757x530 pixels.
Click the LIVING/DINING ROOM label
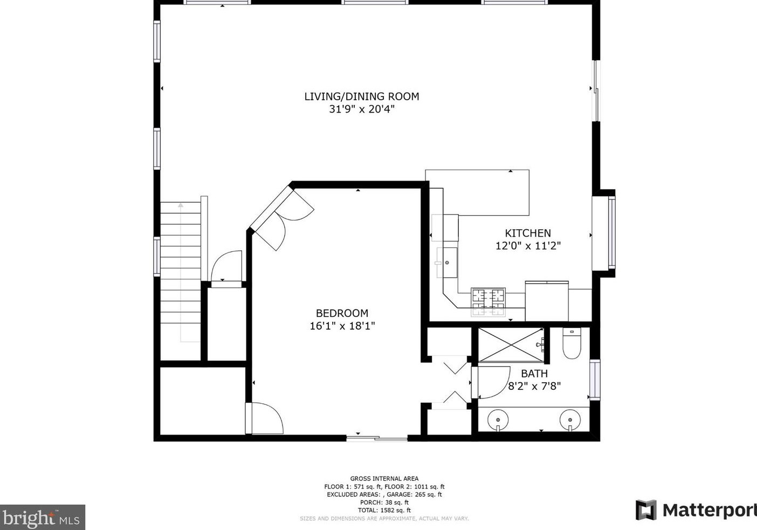[x=362, y=97]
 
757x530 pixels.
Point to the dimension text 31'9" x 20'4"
[x=362, y=109]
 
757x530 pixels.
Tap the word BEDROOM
[x=342, y=313]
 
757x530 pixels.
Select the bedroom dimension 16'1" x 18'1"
[x=342, y=326]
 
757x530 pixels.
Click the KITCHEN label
[x=528, y=233]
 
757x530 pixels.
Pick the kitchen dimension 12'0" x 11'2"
[x=528, y=246]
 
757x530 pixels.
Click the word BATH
[x=534, y=374]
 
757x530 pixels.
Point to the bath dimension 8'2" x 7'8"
[x=534, y=386]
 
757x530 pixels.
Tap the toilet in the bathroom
[x=572, y=343]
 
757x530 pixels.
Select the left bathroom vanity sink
[x=498, y=420]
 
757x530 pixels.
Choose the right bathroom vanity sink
[x=570, y=420]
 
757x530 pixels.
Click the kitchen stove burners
[x=488, y=302]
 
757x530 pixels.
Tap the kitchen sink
[x=447, y=262]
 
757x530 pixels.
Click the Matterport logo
[x=696, y=510]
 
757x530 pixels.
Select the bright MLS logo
[x=43, y=518]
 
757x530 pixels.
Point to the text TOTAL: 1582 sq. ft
[x=384, y=510]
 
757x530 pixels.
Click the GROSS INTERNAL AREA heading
[x=384, y=479]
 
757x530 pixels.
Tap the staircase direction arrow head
[x=181, y=205]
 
